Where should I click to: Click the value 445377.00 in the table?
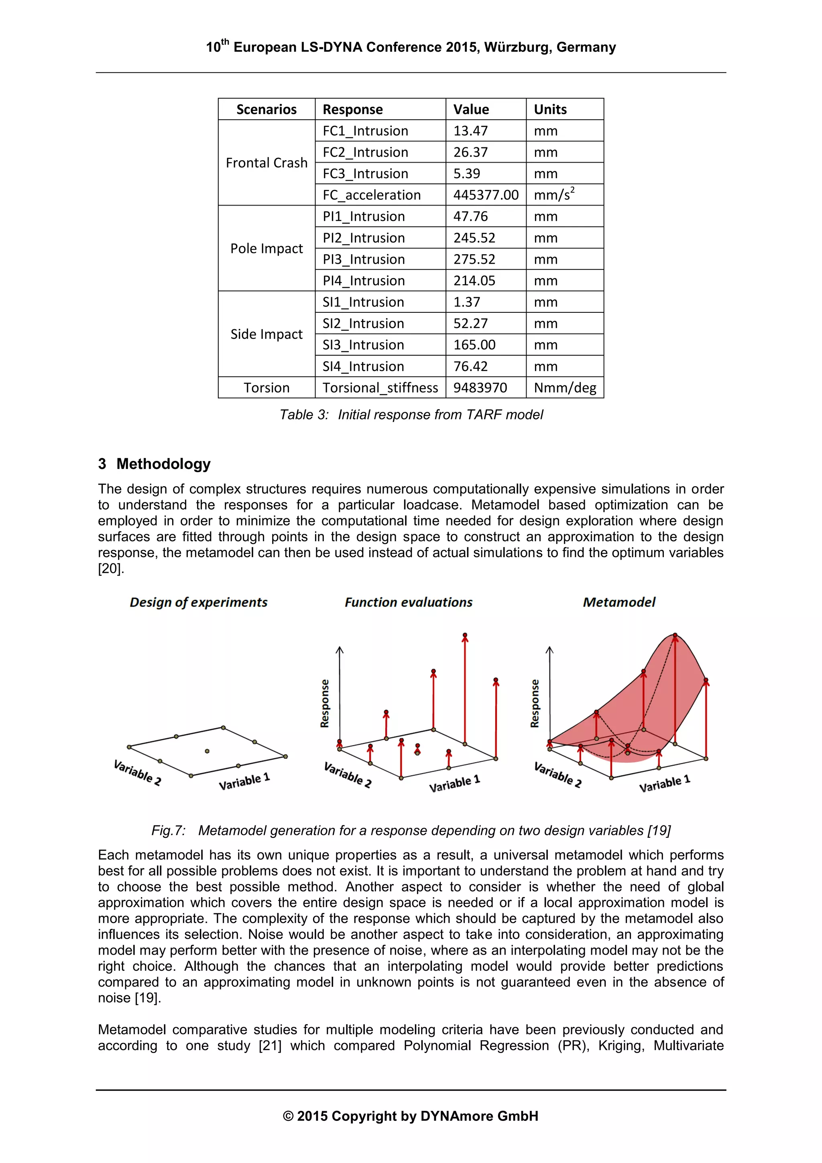[x=485, y=195]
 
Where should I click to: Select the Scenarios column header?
[x=267, y=110]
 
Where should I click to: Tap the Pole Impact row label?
[x=267, y=248]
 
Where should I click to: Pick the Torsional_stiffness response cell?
[x=380, y=387]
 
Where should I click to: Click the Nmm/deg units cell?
[x=564, y=387]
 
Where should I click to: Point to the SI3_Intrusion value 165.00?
[x=474, y=345]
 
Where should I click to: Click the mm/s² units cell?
[x=553, y=195]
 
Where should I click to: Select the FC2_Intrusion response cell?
[x=365, y=153]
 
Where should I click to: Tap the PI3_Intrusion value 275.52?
[x=474, y=259]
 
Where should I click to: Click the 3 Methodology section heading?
[x=155, y=464]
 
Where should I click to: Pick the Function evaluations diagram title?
[x=408, y=602]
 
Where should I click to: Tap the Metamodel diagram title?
[x=619, y=602]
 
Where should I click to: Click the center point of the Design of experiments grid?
[x=207, y=751]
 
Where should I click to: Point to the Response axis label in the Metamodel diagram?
[x=534, y=704]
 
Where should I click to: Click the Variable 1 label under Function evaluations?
[x=454, y=783]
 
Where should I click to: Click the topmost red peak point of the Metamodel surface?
[x=675, y=635]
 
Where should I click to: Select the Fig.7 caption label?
[x=168, y=831]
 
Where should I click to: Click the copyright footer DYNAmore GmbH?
[x=411, y=1116]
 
